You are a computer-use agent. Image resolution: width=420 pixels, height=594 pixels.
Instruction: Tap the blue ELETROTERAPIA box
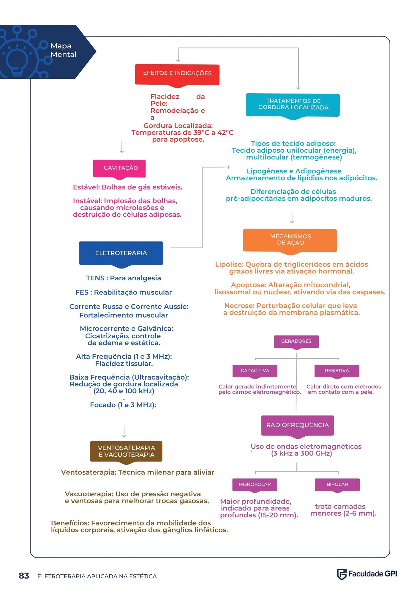(x=121, y=254)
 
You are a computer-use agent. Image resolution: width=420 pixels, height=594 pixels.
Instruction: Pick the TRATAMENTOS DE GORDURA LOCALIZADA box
(x=293, y=105)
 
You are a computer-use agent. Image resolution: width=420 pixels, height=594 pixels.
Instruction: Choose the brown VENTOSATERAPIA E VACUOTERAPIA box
(x=126, y=452)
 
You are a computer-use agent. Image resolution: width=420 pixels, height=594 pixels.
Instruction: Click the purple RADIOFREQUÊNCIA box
(x=297, y=426)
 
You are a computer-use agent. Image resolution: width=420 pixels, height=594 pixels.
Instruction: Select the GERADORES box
(x=296, y=342)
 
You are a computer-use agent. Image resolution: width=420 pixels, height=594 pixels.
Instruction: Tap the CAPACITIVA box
(x=255, y=371)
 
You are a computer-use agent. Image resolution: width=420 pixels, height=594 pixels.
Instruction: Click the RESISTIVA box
(x=337, y=371)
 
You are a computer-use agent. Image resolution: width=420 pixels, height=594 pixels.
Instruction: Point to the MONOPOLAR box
(x=255, y=485)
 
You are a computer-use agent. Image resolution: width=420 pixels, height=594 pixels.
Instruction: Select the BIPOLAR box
(x=337, y=485)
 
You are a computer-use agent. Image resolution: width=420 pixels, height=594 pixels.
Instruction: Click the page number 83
(x=24, y=576)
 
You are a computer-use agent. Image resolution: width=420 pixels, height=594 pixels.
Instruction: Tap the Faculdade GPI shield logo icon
(x=342, y=574)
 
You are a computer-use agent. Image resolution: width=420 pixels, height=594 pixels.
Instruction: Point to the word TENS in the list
(x=95, y=278)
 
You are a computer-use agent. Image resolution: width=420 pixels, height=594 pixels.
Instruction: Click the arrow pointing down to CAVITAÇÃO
(x=121, y=147)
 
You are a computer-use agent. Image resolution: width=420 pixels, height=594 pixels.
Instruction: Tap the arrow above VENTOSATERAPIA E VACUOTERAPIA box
(x=124, y=431)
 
